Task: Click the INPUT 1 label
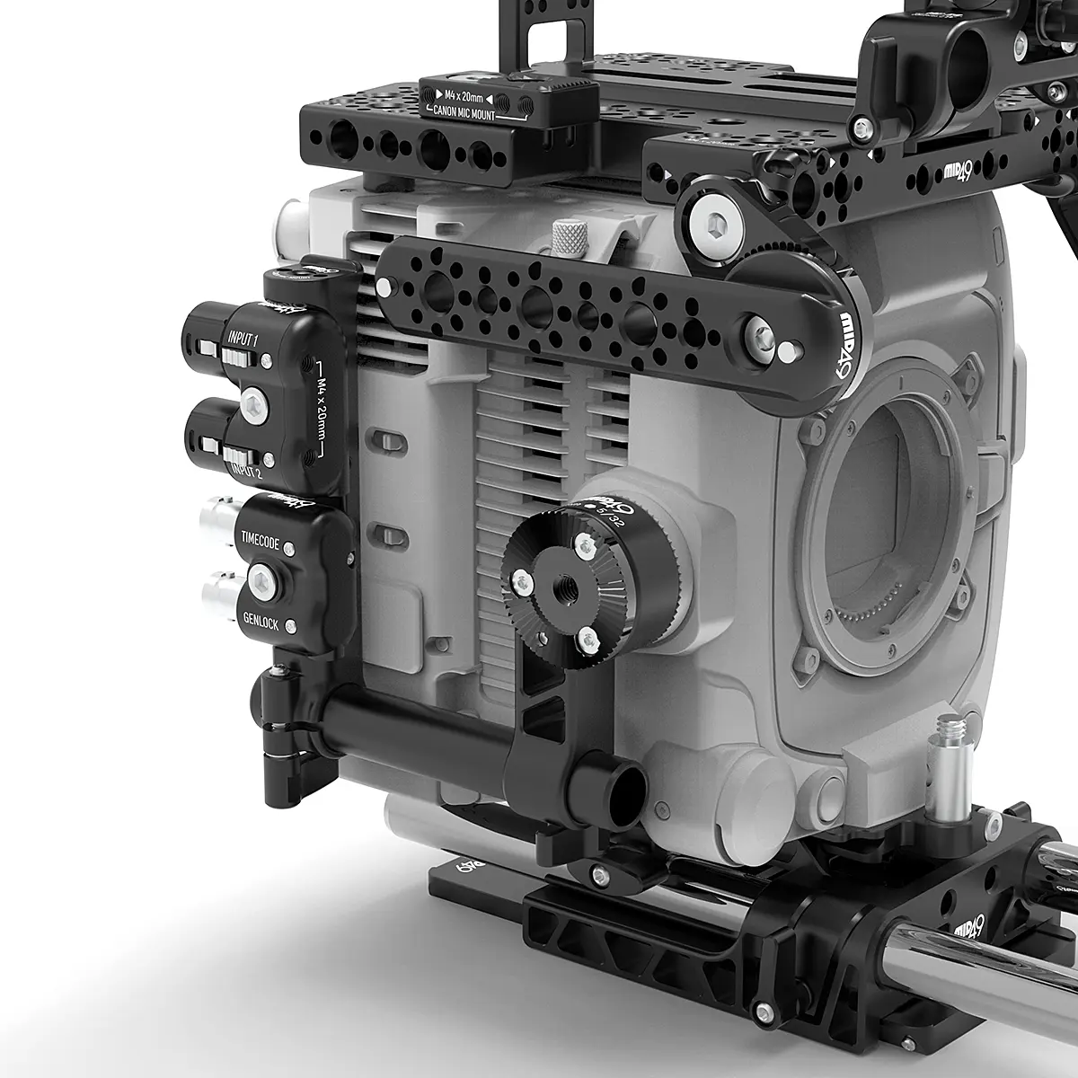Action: coord(243,340)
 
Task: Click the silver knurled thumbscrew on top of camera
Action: coord(568,237)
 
